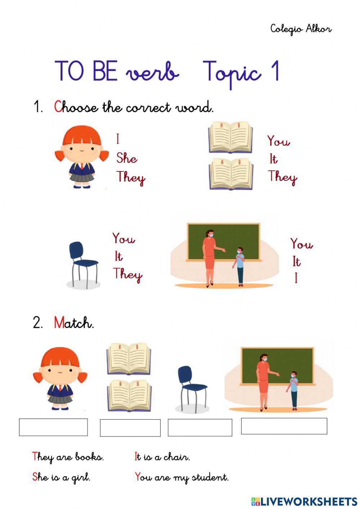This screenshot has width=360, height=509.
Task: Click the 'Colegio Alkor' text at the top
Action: click(301, 29)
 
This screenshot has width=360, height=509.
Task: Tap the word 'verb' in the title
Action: click(152, 72)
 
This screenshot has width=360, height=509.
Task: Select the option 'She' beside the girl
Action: click(126, 158)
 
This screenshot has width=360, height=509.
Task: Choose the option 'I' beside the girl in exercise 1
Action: click(118, 139)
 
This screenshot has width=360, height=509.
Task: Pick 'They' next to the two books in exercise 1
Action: click(282, 177)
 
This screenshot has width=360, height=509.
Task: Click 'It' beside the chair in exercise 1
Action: click(118, 256)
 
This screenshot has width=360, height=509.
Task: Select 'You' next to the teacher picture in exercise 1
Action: click(301, 244)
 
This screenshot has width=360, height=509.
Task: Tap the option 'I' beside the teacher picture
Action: click(296, 278)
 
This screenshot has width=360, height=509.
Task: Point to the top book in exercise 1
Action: click(230, 137)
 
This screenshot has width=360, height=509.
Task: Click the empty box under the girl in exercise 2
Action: click(53, 427)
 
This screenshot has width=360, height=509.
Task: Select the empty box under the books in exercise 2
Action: click(130, 428)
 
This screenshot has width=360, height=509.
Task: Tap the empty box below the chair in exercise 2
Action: click(200, 428)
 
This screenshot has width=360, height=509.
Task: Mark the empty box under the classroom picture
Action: click(284, 426)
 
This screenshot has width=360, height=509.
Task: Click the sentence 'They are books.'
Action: click(68, 457)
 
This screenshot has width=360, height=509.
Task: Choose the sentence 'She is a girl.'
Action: click(61, 477)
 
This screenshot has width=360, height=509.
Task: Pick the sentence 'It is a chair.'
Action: click(162, 457)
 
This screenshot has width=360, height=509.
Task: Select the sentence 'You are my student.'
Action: click(181, 477)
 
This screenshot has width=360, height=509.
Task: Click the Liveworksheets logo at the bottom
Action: click(304, 501)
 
